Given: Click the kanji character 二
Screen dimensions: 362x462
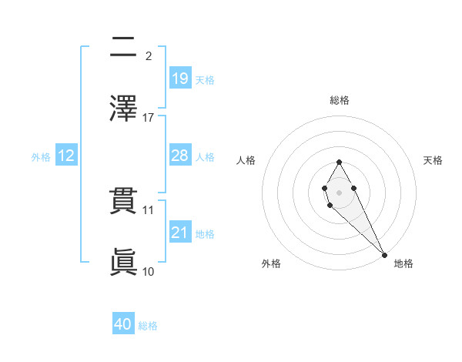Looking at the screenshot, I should tap(123, 47).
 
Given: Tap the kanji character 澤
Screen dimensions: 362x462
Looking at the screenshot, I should tap(123, 107).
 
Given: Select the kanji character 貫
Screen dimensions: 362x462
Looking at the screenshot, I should tap(123, 201).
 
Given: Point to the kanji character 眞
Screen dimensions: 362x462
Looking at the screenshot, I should tap(123, 261).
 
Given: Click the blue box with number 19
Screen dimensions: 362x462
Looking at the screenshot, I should tap(180, 78).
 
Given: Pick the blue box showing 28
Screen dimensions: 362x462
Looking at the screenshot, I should tap(180, 156).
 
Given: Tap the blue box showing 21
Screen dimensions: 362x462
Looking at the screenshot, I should tap(180, 233).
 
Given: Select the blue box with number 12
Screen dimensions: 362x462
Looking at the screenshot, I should tap(66, 156).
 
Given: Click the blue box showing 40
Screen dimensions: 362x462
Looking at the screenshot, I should tap(123, 324).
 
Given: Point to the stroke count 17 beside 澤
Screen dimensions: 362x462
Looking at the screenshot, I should tap(149, 118).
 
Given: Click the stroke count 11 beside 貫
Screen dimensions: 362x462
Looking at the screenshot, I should tap(149, 209).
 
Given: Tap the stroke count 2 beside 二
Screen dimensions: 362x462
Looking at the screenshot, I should tap(149, 55).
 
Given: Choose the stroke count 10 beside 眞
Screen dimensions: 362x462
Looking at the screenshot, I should tap(149, 271).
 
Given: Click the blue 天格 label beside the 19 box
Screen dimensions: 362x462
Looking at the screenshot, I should tap(205, 80).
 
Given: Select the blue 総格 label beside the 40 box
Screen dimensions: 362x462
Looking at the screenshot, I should tap(148, 327).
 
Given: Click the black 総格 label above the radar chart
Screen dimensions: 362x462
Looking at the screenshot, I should tap(340, 101).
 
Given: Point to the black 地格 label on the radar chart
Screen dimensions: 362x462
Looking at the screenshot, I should tap(403, 264).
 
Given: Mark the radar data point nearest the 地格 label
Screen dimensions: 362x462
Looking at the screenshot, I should tap(384, 255).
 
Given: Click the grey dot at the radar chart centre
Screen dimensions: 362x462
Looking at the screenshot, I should tap(339, 192).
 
